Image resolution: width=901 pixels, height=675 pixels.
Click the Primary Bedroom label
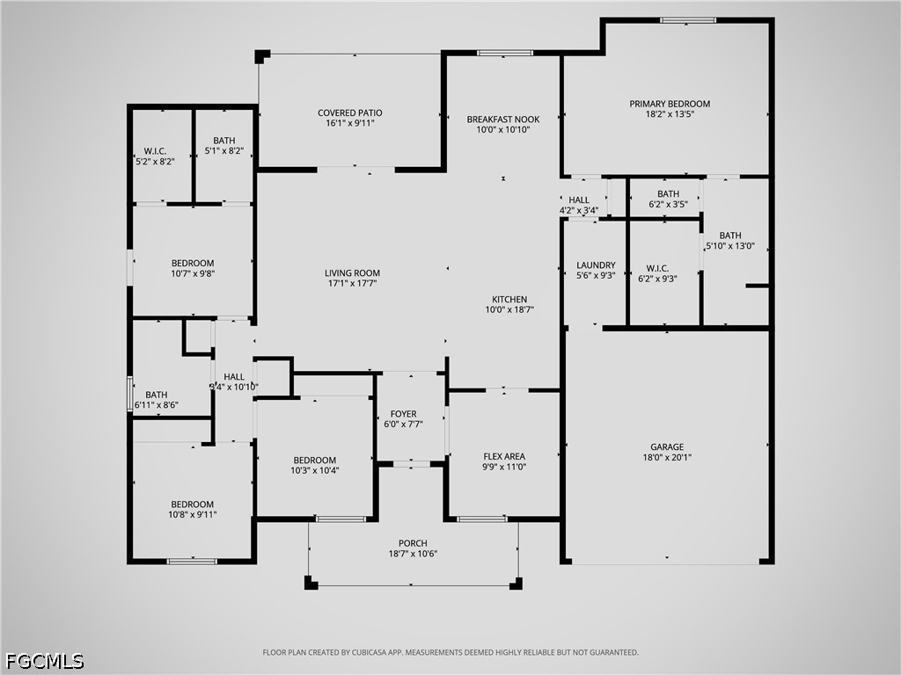[x=670, y=104]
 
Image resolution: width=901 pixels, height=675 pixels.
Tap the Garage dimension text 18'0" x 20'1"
[x=667, y=457]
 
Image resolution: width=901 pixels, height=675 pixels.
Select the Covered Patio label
[x=350, y=113]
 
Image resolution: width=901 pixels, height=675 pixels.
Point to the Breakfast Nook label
[x=503, y=120]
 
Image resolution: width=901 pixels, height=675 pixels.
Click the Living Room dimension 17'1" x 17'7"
[x=352, y=284]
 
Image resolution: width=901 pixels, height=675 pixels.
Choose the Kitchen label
[x=509, y=300]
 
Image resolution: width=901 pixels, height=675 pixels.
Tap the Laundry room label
[x=596, y=265]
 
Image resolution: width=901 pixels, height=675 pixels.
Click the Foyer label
[x=403, y=414]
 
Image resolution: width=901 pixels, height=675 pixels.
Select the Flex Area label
[x=504, y=457]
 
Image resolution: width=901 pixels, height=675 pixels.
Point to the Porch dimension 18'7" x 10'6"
[x=414, y=554]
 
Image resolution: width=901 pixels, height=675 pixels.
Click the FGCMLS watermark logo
[x=44, y=661]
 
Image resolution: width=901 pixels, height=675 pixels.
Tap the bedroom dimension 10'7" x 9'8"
[x=193, y=274]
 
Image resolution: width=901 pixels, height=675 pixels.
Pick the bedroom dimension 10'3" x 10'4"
[x=315, y=471]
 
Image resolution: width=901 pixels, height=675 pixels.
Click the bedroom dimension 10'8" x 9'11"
[x=193, y=515]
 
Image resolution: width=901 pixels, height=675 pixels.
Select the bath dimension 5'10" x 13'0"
[x=730, y=246]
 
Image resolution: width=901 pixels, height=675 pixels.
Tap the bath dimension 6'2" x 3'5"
[x=669, y=204]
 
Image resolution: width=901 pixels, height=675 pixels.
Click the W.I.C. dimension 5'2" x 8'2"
[x=155, y=162]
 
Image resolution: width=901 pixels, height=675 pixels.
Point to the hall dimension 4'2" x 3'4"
[x=579, y=211]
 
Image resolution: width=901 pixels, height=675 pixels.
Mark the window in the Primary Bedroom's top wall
[x=688, y=21]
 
